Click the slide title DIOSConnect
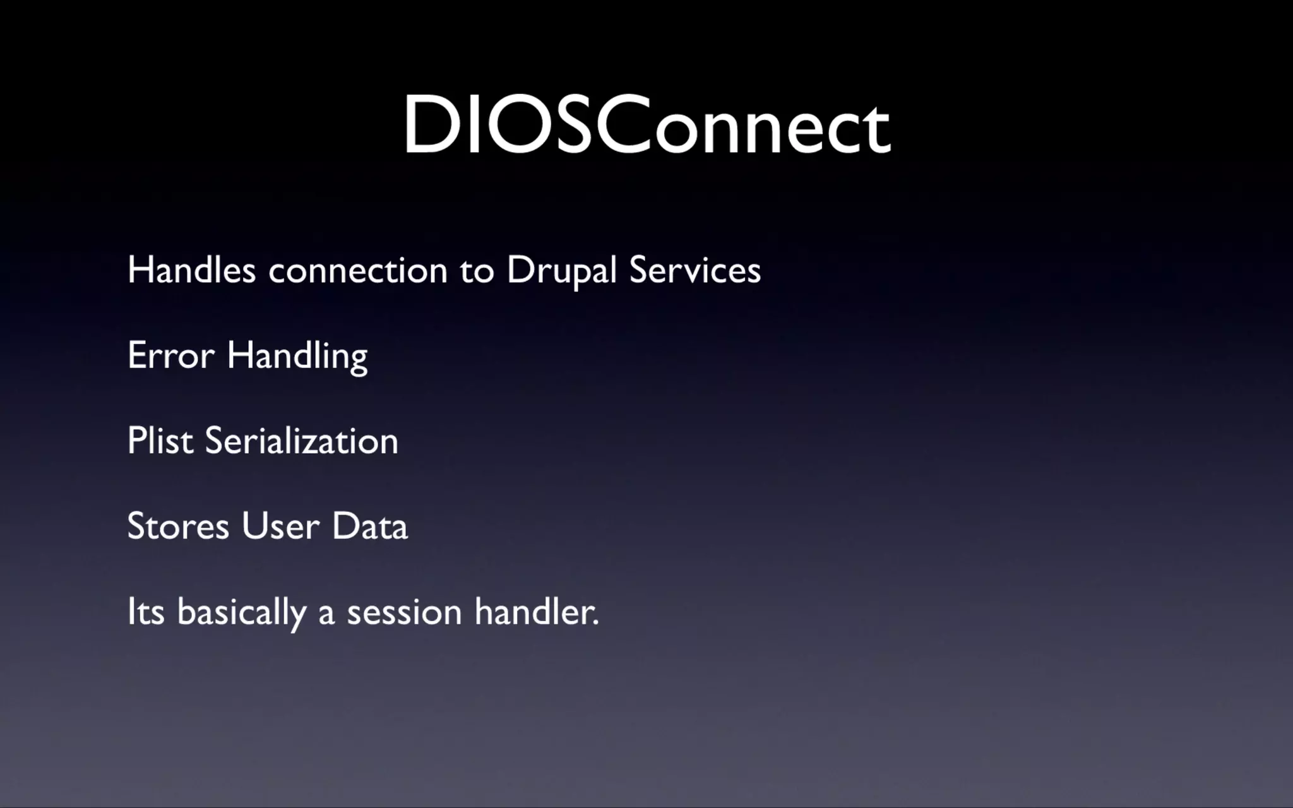coord(646,125)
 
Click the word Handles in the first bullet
coord(191,270)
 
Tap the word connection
coord(358,270)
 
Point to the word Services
coord(694,270)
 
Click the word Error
coord(170,355)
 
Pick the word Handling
coord(297,357)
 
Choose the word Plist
coord(160,441)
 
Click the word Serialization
coord(301,441)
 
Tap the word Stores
coord(178,526)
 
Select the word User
coord(280,526)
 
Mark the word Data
coord(370,526)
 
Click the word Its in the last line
coord(146,612)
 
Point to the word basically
coord(242,613)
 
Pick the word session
coord(404,612)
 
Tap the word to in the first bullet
coord(477,271)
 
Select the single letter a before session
coord(326,614)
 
